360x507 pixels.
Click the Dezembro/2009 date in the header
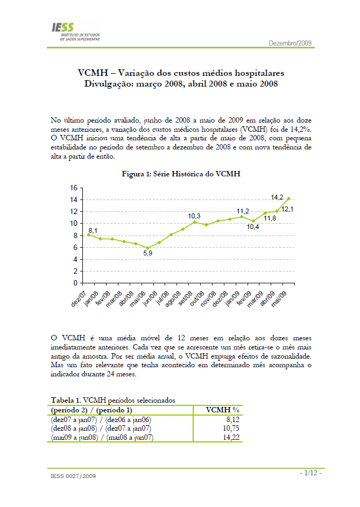pos(290,43)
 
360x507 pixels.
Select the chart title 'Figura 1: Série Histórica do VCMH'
pos(181,175)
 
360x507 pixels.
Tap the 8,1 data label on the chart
pos(93,231)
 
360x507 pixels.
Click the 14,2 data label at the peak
pos(277,197)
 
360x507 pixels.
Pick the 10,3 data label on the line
pos(194,216)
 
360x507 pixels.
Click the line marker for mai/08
pos(147,248)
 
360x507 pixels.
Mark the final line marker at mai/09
pos(288,198)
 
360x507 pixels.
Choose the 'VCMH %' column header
pos(223,410)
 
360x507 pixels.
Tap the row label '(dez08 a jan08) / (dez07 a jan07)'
pos(101,428)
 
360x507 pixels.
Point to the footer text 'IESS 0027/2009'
pos(74,476)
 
